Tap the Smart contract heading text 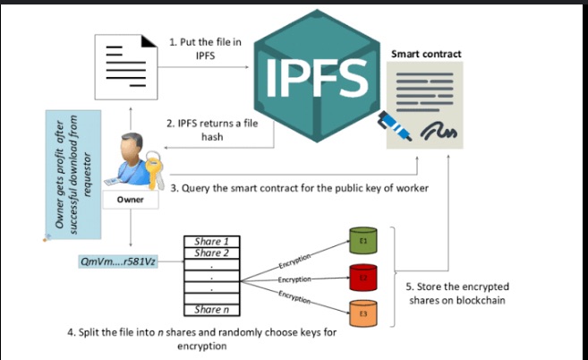pyautogui.click(x=426, y=54)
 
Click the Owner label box pyautogui.click(x=131, y=200)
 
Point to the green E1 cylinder pyautogui.click(x=364, y=242)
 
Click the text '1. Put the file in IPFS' pyautogui.click(x=205, y=47)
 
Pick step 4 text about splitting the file pyautogui.click(x=201, y=339)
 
